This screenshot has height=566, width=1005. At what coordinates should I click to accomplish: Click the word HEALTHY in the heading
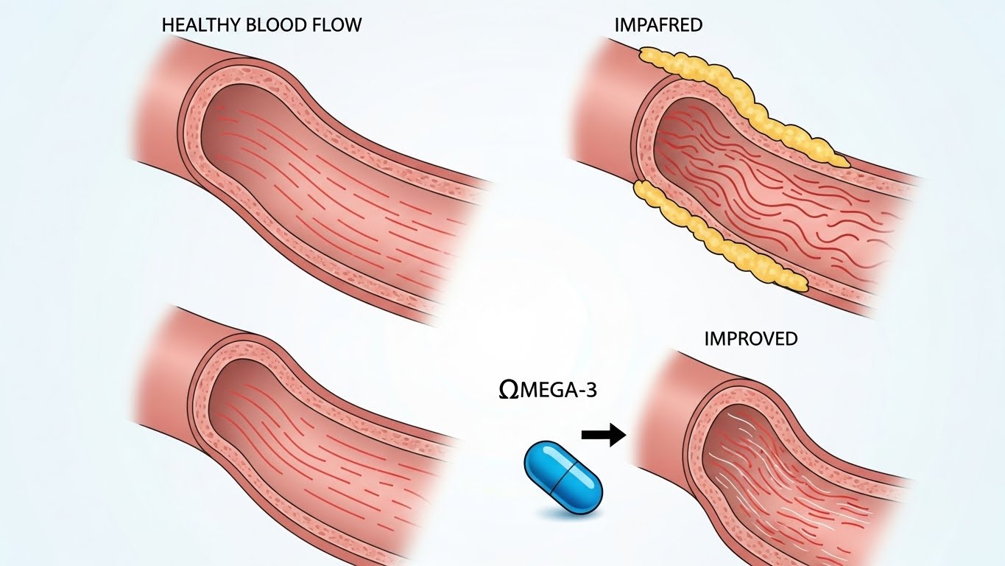pos(202,25)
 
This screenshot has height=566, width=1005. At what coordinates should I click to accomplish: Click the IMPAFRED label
pos(658,25)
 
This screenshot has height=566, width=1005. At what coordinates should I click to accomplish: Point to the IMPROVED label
pos(751,338)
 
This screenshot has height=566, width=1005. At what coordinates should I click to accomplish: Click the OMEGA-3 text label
pos(548,390)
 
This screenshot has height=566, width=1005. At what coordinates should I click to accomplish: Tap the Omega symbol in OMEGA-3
pos(509,390)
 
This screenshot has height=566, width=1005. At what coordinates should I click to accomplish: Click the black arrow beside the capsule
pos(604,434)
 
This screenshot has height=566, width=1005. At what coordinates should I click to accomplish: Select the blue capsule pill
pos(563,477)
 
